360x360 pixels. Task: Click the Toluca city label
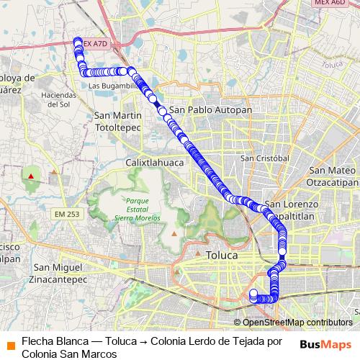221,255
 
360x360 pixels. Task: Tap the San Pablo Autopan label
210,110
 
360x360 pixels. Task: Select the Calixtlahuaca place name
155,163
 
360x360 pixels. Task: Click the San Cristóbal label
264,158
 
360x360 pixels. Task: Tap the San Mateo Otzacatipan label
332,175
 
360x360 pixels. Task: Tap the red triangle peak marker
31,175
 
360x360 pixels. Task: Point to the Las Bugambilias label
112,86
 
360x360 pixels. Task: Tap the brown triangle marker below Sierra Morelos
174,233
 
